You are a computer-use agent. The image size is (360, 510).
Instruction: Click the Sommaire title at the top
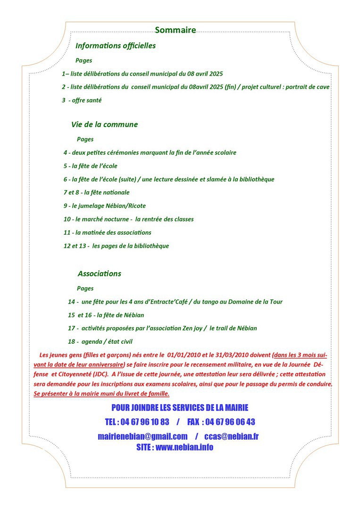tap(175, 30)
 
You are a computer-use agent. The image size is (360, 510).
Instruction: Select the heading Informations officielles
tap(116, 46)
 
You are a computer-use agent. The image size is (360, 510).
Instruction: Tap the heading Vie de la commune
tap(104, 125)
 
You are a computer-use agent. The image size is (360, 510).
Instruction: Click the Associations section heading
tap(100, 274)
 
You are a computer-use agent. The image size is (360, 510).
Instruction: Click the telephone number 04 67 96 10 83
tap(144, 422)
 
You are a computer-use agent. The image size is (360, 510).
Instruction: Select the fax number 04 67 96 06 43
tap(230, 422)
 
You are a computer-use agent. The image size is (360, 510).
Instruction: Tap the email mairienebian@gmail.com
tap(142, 436)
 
